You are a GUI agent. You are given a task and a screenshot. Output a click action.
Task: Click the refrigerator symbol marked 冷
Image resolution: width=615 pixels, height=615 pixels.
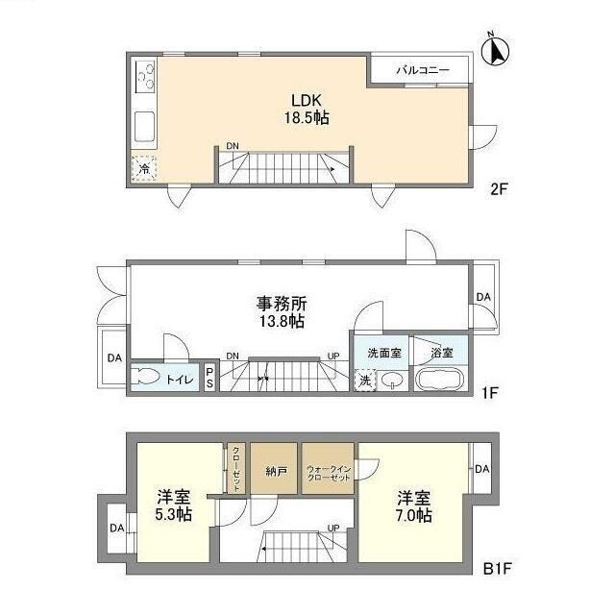coord(142,166)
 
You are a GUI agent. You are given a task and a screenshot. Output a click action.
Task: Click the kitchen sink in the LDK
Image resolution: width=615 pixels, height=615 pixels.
coord(144,125)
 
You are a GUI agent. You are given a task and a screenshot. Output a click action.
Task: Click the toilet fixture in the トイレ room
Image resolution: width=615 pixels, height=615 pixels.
coord(150,378)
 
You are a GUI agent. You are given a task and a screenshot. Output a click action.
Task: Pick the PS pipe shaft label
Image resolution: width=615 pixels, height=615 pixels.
coord(209,379)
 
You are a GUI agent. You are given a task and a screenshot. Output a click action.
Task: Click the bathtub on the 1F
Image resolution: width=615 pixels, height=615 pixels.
coord(442,379)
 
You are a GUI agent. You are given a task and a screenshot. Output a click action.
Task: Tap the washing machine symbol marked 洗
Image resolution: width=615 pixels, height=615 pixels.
coord(365,379)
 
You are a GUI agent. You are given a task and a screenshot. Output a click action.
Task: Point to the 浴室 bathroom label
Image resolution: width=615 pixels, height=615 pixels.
coord(441,351)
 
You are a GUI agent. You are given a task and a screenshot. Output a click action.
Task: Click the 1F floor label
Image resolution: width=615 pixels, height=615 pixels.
coord(491,393)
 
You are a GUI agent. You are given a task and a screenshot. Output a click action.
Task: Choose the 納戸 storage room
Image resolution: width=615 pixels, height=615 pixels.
coord(275,471)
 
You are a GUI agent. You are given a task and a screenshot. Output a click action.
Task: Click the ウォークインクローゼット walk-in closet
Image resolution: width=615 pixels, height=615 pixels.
coord(328,471)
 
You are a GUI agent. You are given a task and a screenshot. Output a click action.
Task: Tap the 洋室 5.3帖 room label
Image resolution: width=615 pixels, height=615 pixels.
coord(174,505)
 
